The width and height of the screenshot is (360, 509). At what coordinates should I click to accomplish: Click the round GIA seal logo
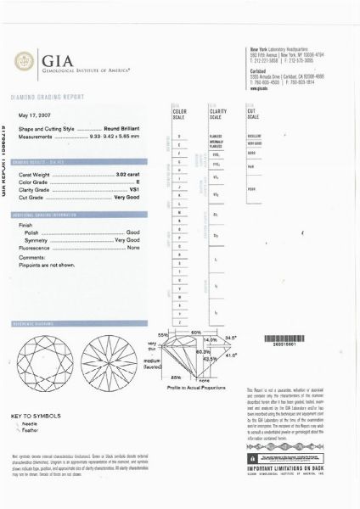pos(25,60)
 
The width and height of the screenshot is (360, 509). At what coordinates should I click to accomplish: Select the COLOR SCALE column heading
pos(179,115)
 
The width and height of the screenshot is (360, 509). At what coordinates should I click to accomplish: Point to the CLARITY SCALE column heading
pos(216,115)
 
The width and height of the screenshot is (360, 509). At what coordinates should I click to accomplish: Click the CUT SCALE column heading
pos(251,115)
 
